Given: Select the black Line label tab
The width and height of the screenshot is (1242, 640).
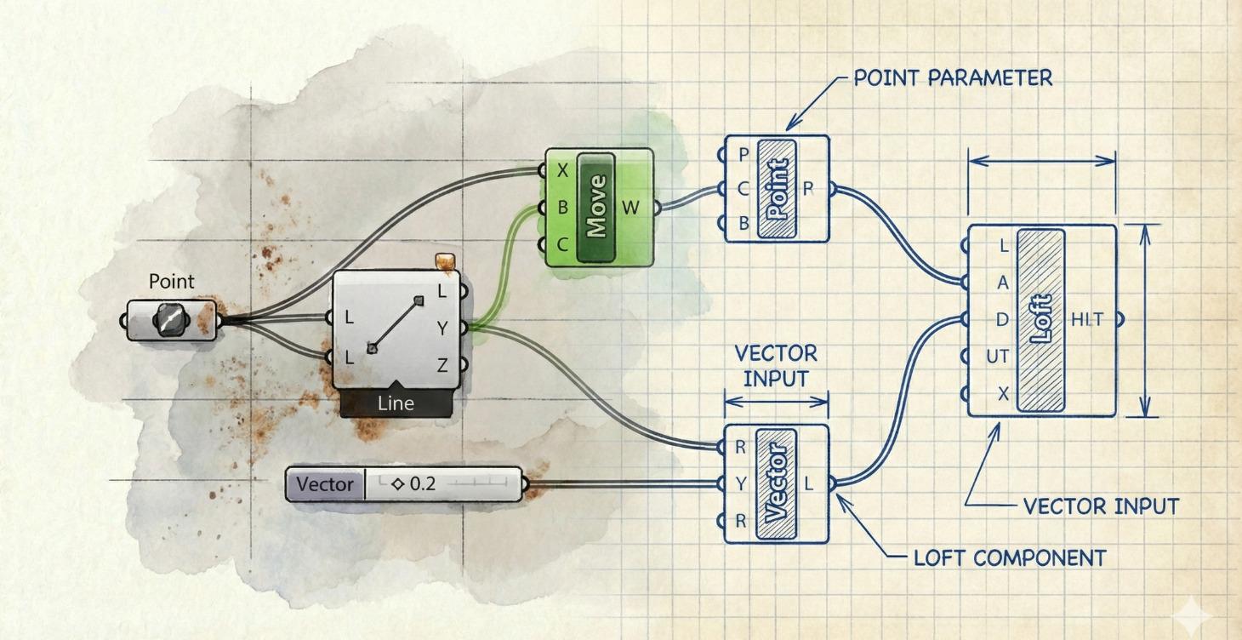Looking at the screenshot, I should click(x=396, y=403).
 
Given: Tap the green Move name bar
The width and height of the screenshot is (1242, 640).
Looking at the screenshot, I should click(x=595, y=207).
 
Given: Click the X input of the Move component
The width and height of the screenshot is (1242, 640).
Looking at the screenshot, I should click(x=562, y=171).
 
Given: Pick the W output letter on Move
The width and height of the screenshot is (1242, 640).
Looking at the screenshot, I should click(x=630, y=207).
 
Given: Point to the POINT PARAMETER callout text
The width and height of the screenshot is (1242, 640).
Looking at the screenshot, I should click(x=953, y=77).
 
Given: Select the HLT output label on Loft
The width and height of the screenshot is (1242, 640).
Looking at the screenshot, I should click(x=1086, y=319).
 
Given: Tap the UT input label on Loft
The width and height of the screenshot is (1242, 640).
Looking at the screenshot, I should click(x=997, y=357).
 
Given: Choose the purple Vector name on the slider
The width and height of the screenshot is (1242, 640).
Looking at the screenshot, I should click(x=325, y=484).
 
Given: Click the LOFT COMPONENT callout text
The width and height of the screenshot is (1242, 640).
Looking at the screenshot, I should click(x=1009, y=558).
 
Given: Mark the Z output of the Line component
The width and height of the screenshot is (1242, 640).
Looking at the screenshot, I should click(x=442, y=366).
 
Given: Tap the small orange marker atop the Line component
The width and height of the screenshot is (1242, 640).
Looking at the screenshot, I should click(x=442, y=261).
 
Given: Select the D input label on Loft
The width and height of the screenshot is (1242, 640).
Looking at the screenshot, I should click(x=1002, y=320).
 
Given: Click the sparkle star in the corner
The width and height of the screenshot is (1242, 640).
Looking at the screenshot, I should click(x=1199, y=612).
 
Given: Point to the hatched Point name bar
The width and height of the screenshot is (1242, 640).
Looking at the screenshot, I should click(x=776, y=189).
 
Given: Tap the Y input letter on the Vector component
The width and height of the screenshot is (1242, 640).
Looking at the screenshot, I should click(x=741, y=484).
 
